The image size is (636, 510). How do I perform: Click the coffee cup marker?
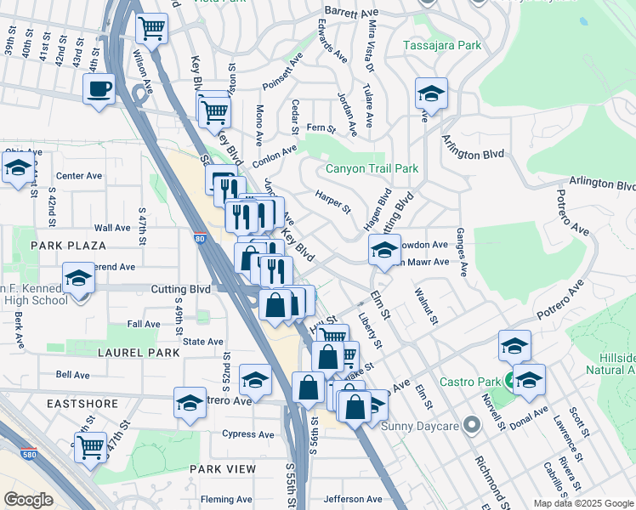[x=99, y=88]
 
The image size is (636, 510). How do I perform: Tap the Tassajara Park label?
[x=442, y=44]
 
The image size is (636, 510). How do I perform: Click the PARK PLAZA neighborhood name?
[x=68, y=246]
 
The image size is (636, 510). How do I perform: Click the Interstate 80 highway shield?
[x=199, y=241]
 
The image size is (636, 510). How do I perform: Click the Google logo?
[x=29, y=499]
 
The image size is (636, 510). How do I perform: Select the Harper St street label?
[x=332, y=201]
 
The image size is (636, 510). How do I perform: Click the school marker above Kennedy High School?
[x=78, y=278]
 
